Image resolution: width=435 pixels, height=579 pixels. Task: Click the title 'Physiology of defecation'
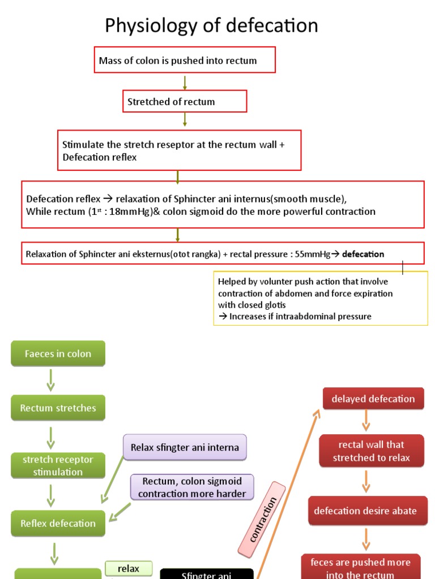point(211,25)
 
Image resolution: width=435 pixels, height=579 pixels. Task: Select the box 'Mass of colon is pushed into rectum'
point(184,61)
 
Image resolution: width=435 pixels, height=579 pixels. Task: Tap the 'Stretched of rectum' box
point(185,102)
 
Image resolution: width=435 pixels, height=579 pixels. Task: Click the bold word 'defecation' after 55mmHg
point(363,254)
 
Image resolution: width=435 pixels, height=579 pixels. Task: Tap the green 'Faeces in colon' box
point(58,354)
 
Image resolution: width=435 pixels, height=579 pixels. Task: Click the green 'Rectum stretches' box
point(58,408)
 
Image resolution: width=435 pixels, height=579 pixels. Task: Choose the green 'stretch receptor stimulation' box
point(58,466)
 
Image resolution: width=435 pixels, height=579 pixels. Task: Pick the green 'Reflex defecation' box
point(58,524)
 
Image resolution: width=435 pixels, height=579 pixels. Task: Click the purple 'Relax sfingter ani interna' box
point(185,447)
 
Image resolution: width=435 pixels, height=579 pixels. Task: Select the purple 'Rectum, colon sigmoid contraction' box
point(192,487)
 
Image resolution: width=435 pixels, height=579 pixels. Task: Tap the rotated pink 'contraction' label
point(263,520)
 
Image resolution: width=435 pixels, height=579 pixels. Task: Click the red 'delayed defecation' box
point(373,399)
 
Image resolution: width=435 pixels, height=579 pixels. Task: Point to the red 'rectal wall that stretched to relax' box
point(371,451)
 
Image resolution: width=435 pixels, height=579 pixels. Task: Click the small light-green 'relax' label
point(129,569)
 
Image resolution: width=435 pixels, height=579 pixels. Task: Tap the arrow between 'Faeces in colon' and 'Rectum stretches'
point(51,380)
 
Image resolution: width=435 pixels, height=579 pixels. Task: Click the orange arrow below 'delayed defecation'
point(366,421)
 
